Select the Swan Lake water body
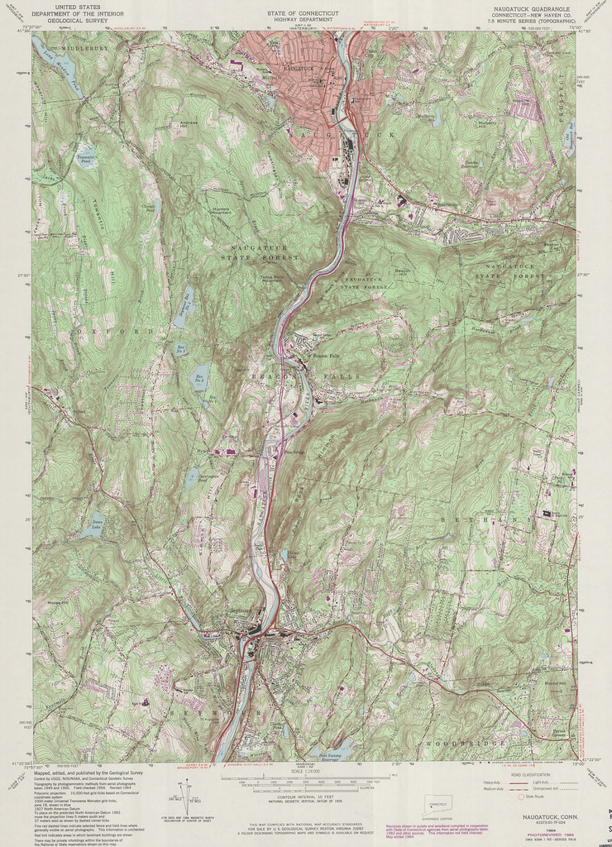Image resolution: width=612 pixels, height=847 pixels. (x=97, y=523)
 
